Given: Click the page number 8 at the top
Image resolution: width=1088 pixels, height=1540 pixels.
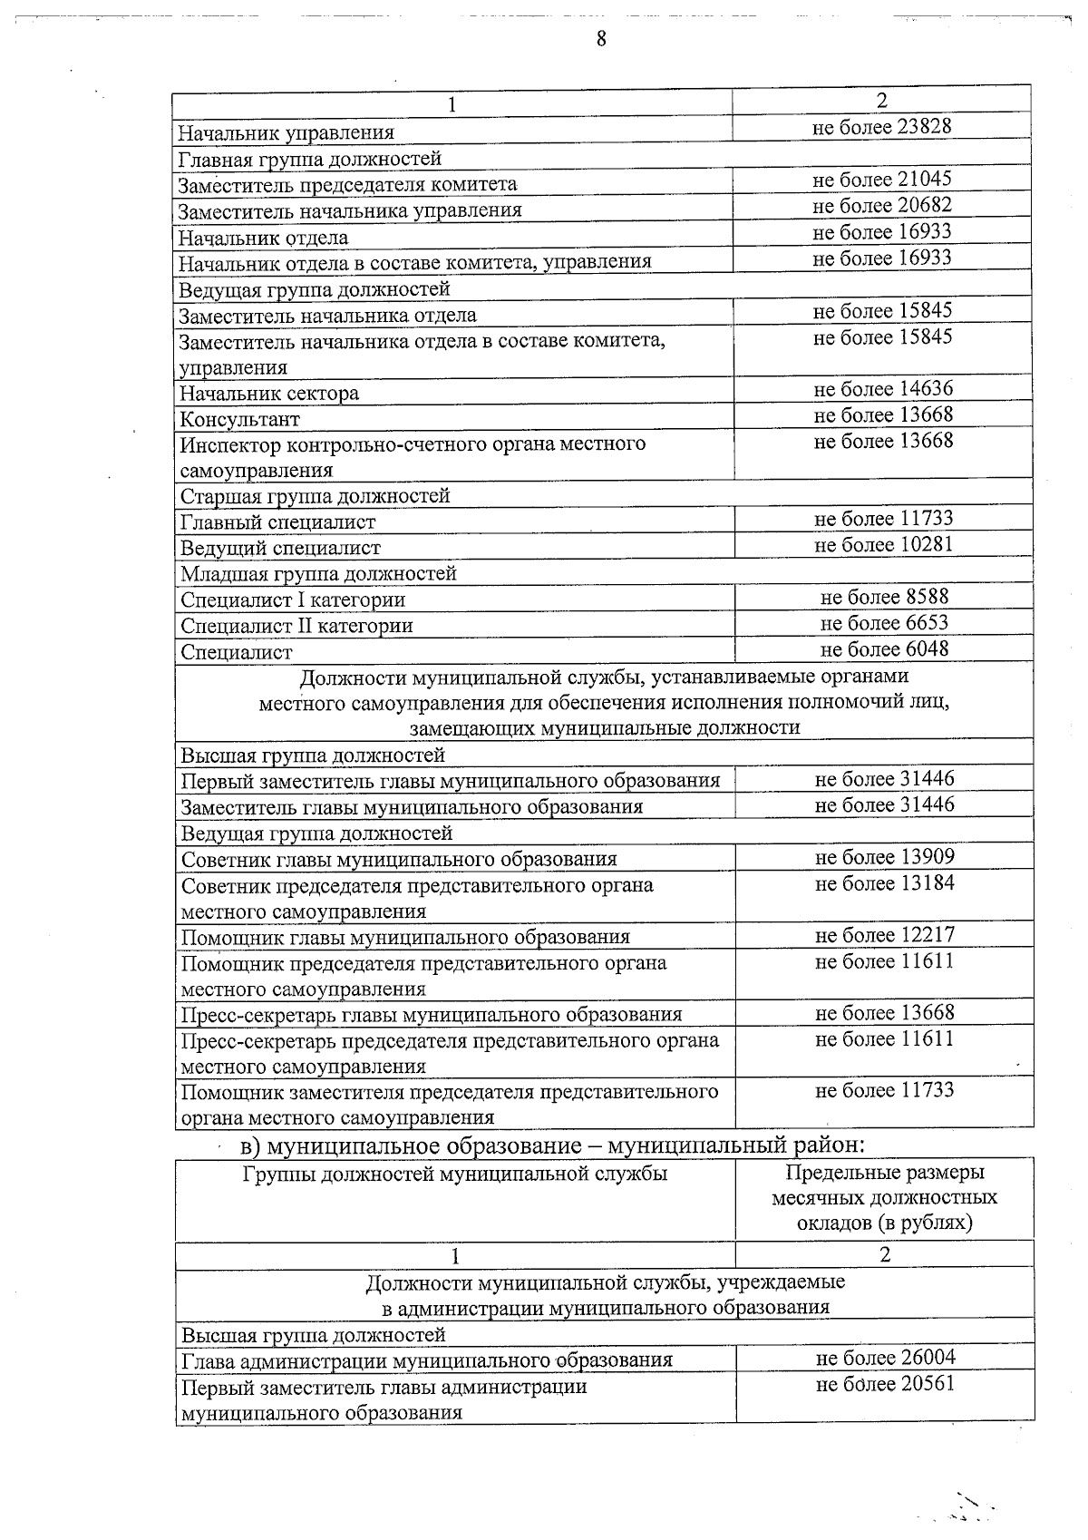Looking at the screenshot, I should pyautogui.click(x=601, y=38).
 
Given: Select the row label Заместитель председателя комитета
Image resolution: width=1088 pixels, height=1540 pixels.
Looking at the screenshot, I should pyautogui.click(x=347, y=185).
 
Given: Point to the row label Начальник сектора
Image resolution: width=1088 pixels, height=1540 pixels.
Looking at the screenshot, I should pyautogui.click(x=269, y=394).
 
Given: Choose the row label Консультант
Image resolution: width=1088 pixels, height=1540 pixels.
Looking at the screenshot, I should pyautogui.click(x=239, y=420).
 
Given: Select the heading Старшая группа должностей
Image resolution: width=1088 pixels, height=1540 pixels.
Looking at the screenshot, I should pyautogui.click(x=315, y=496).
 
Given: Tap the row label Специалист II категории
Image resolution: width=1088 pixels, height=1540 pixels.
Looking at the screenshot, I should pyautogui.click(x=296, y=626).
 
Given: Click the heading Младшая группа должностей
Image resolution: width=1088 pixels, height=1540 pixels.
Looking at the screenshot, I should pyautogui.click(x=318, y=574).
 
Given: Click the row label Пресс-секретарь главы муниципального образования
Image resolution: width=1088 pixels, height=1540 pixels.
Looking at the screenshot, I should pyautogui.click(x=432, y=1015).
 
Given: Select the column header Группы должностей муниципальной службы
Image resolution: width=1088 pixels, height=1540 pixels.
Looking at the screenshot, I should pyautogui.click(x=455, y=1174).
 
